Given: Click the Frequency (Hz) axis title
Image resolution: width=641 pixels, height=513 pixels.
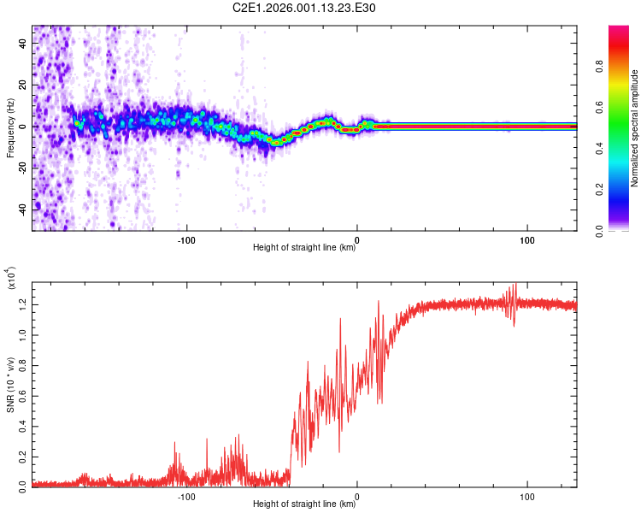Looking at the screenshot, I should (x=11, y=127).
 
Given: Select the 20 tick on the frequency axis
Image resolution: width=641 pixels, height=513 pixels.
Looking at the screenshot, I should (x=23, y=85).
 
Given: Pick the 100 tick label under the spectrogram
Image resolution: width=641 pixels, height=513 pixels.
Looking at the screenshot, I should (x=527, y=239).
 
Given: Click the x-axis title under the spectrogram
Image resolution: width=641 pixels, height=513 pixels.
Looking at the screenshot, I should (x=303, y=248).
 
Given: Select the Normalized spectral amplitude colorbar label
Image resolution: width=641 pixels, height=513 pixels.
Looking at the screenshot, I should (x=635, y=127).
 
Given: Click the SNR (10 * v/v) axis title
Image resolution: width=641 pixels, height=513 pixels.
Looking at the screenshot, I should (x=11, y=384).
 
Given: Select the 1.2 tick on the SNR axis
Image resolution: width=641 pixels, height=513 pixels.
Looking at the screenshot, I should (x=23, y=304).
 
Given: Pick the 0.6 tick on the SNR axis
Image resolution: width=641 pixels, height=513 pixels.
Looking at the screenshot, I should (x=23, y=394).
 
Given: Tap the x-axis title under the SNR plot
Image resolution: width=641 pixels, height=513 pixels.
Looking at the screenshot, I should (x=303, y=504).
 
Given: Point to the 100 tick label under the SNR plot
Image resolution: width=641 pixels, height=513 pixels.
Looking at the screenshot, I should (x=527, y=496).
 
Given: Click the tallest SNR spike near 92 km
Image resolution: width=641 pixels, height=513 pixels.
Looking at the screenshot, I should (x=515, y=286).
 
